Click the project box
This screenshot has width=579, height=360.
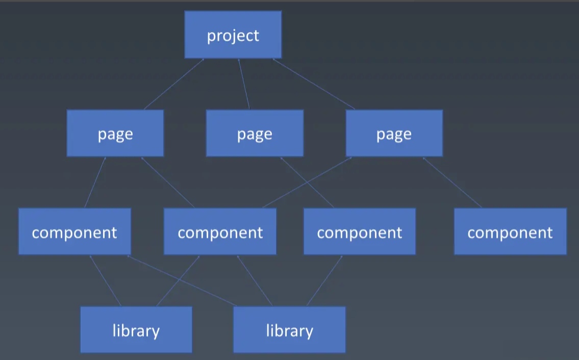(233, 35)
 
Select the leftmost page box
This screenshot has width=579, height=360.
(115, 133)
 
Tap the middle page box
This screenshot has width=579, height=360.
(255, 133)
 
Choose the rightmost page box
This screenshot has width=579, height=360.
(394, 133)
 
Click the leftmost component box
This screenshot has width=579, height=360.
(74, 232)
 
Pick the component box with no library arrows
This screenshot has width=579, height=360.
(510, 232)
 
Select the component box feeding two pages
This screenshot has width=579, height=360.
(220, 232)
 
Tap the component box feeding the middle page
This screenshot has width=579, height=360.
(359, 232)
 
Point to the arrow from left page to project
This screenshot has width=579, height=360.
(174, 84)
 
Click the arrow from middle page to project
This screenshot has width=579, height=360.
(244, 84)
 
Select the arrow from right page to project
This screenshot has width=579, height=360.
(313, 84)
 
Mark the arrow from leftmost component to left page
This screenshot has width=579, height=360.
(95, 182)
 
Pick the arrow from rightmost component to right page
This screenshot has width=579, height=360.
(452, 182)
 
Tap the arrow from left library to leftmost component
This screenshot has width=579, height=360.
(106, 281)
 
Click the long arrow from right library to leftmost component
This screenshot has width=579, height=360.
(182, 281)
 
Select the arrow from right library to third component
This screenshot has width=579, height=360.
(324, 281)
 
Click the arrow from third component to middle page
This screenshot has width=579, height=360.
(307, 182)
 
